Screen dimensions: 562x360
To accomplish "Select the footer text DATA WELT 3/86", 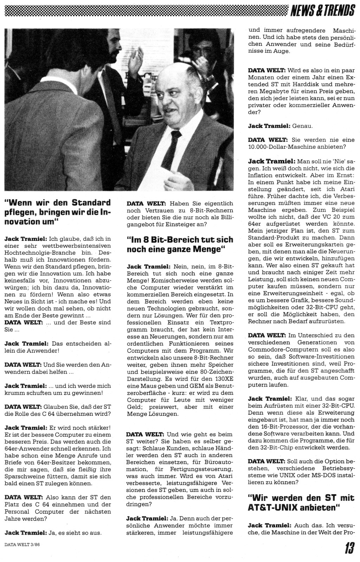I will tap(25, 545).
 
